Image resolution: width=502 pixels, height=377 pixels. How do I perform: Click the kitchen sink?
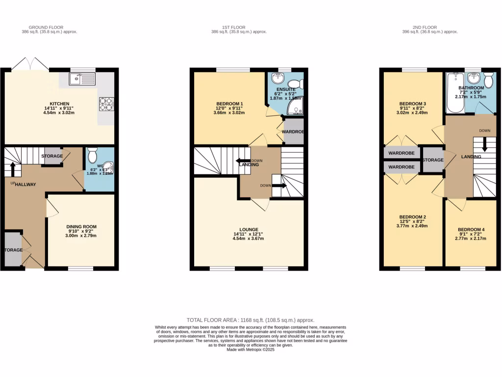(82, 79)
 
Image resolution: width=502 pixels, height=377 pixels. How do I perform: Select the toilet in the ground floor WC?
(93, 156)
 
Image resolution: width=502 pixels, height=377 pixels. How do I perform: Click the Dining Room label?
(81, 227)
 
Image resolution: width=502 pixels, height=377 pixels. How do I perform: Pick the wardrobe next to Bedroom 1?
(294, 131)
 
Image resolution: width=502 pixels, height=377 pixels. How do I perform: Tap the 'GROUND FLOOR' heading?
(46, 27)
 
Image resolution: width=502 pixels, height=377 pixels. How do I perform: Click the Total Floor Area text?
(251, 320)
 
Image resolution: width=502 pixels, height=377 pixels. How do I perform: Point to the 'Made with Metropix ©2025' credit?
(251, 350)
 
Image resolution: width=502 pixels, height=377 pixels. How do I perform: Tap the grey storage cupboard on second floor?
(432, 160)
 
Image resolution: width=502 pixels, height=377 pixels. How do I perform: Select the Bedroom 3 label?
(412, 104)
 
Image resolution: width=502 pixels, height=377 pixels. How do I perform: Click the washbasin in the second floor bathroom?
(474, 79)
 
